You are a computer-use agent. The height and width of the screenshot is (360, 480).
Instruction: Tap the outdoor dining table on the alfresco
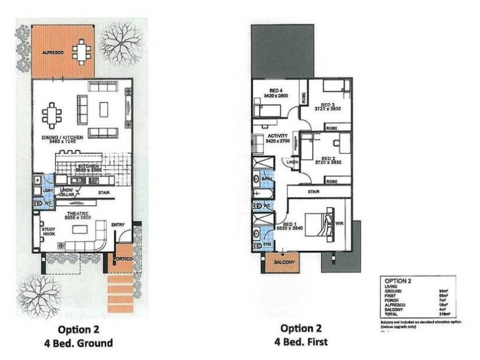pos(80,52)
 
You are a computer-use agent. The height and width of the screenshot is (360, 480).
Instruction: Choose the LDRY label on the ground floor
pos(49,191)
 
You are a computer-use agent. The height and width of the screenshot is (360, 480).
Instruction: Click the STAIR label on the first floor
pos(313,192)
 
